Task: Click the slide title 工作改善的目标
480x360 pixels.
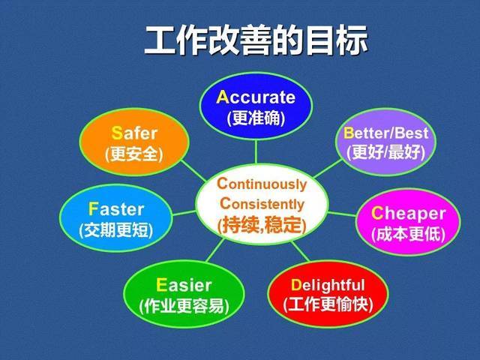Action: tap(256, 41)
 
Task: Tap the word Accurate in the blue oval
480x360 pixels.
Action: tap(256, 97)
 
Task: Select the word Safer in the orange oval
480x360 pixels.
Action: tap(134, 133)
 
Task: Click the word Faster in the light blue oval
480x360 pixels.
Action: tap(115, 208)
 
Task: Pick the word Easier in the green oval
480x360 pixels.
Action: tap(184, 285)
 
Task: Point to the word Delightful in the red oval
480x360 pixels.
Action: tap(327, 285)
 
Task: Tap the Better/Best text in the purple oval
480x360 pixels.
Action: tap(385, 133)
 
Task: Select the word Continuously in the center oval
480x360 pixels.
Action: tap(262, 184)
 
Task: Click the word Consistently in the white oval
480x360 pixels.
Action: tap(262, 203)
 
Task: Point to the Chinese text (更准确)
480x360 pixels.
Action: tap(256, 118)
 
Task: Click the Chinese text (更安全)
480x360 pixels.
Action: tap(134, 154)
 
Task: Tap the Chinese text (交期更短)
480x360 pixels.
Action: tap(115, 230)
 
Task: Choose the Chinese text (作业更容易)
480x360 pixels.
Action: tap(184, 306)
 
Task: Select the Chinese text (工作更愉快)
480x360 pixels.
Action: tap(327, 304)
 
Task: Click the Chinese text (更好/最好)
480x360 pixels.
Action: tap(385, 152)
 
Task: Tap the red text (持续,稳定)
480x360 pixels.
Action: tap(262, 223)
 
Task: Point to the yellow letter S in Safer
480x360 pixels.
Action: tap(116, 133)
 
